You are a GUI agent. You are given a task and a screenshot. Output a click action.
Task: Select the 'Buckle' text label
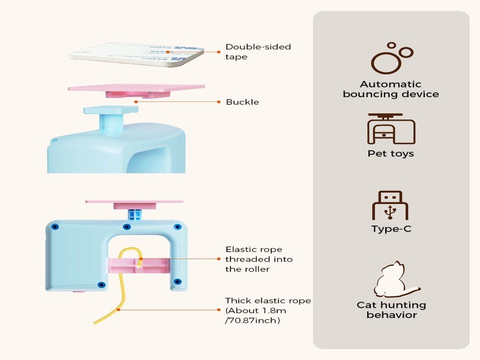pyautogui.click(x=242, y=102)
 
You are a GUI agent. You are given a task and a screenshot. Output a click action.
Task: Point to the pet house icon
pyautogui.click(x=391, y=128)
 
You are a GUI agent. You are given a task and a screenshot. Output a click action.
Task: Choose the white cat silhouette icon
pyautogui.click(x=390, y=280)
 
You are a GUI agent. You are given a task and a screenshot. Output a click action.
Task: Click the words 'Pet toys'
pyautogui.click(x=391, y=154)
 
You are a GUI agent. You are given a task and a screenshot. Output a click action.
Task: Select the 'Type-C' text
pyautogui.click(x=391, y=229)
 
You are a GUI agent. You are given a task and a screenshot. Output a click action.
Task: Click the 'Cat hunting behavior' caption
pyautogui.click(x=391, y=310)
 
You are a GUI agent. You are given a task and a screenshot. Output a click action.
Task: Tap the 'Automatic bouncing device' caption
pyautogui.click(x=391, y=89)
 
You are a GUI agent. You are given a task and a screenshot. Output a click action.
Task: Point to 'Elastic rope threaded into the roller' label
pyautogui.click(x=259, y=259)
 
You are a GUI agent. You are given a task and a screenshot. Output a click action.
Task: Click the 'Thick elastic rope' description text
pyautogui.click(x=268, y=310)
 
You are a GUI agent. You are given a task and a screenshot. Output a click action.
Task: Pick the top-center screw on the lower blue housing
pyautogui.click(x=127, y=227)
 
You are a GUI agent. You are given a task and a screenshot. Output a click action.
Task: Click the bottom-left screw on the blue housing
pyautogui.click(x=101, y=284)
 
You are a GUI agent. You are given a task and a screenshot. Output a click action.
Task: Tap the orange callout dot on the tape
pyautogui.click(x=167, y=52)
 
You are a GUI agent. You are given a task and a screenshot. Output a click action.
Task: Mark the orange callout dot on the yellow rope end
pyautogui.click(x=119, y=309)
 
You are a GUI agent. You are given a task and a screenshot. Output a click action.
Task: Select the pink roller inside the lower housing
pyautogui.click(x=137, y=265)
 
